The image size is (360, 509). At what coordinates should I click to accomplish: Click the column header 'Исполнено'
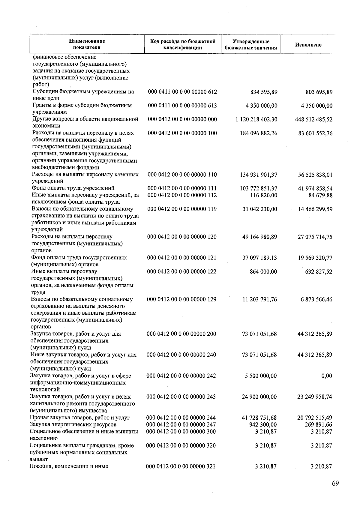(x=308, y=45)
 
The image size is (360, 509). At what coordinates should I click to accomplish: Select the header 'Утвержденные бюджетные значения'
(x=251, y=45)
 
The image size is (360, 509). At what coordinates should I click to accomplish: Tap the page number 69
(x=335, y=483)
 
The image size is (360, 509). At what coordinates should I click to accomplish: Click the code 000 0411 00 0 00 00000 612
(x=182, y=91)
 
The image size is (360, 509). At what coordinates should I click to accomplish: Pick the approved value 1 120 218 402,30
(x=256, y=119)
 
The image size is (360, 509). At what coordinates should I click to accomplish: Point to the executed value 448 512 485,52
(x=314, y=119)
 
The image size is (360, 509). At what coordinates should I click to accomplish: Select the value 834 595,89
(x=264, y=92)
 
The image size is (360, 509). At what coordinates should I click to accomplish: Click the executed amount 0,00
(x=326, y=376)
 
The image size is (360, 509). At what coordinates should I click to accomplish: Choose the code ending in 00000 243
(x=181, y=397)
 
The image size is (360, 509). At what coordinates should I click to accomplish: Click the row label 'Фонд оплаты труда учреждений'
(x=73, y=188)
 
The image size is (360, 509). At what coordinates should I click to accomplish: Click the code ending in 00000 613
(x=182, y=105)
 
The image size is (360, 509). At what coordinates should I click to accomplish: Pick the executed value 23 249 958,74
(x=315, y=397)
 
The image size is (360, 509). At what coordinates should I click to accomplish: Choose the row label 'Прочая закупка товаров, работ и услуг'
(x=80, y=418)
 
